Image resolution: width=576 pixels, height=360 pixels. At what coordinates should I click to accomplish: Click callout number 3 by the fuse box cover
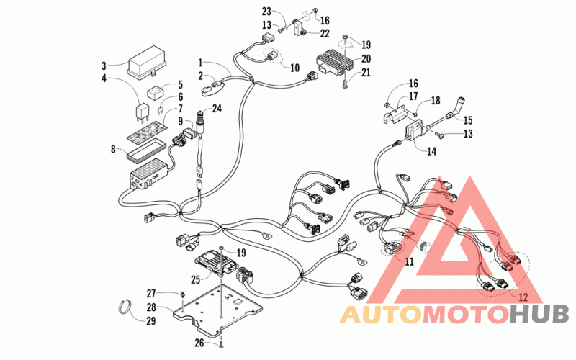pos(104,66)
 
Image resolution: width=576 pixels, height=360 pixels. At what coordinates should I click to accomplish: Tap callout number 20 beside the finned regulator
pos(366,59)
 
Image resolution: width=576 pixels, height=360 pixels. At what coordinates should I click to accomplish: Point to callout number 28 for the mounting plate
pos(152,307)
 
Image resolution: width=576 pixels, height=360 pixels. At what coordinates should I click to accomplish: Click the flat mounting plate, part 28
pos(218,310)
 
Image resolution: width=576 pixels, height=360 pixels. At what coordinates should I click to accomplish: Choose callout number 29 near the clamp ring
pos(151,320)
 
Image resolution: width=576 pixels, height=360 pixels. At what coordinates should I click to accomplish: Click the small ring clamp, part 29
pos(125,306)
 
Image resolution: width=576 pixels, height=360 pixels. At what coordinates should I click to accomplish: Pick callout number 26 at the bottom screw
pos(199,343)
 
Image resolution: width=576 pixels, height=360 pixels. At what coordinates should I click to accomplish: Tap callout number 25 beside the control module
pos(195,279)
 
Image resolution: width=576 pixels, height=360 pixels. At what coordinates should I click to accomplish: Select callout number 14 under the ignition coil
pos(431,151)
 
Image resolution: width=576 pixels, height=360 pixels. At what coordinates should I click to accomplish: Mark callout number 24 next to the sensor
pos(217,109)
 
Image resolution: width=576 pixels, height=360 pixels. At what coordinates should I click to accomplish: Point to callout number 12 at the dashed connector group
pos(523,296)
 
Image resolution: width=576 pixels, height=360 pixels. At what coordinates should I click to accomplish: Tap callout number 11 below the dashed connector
pos(409,261)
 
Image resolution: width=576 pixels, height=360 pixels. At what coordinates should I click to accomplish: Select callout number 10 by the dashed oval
pos(295,68)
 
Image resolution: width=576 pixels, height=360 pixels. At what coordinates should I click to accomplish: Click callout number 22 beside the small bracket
pos(325,33)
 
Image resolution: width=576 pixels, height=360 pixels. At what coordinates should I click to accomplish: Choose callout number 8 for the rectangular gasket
pos(113,149)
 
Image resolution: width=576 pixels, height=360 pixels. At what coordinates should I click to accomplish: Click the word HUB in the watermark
pos(539,315)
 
